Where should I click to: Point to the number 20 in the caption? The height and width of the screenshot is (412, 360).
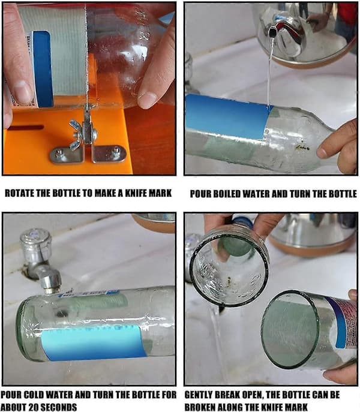(x=28, y=407)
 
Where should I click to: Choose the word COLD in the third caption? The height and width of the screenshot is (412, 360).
(x=34, y=395)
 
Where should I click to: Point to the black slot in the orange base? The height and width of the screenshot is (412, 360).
(x=26, y=127)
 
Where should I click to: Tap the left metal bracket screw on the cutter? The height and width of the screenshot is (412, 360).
(x=59, y=152)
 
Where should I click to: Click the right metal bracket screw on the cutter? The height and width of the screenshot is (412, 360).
(x=116, y=151)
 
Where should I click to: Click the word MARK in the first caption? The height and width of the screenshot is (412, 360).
(x=161, y=193)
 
